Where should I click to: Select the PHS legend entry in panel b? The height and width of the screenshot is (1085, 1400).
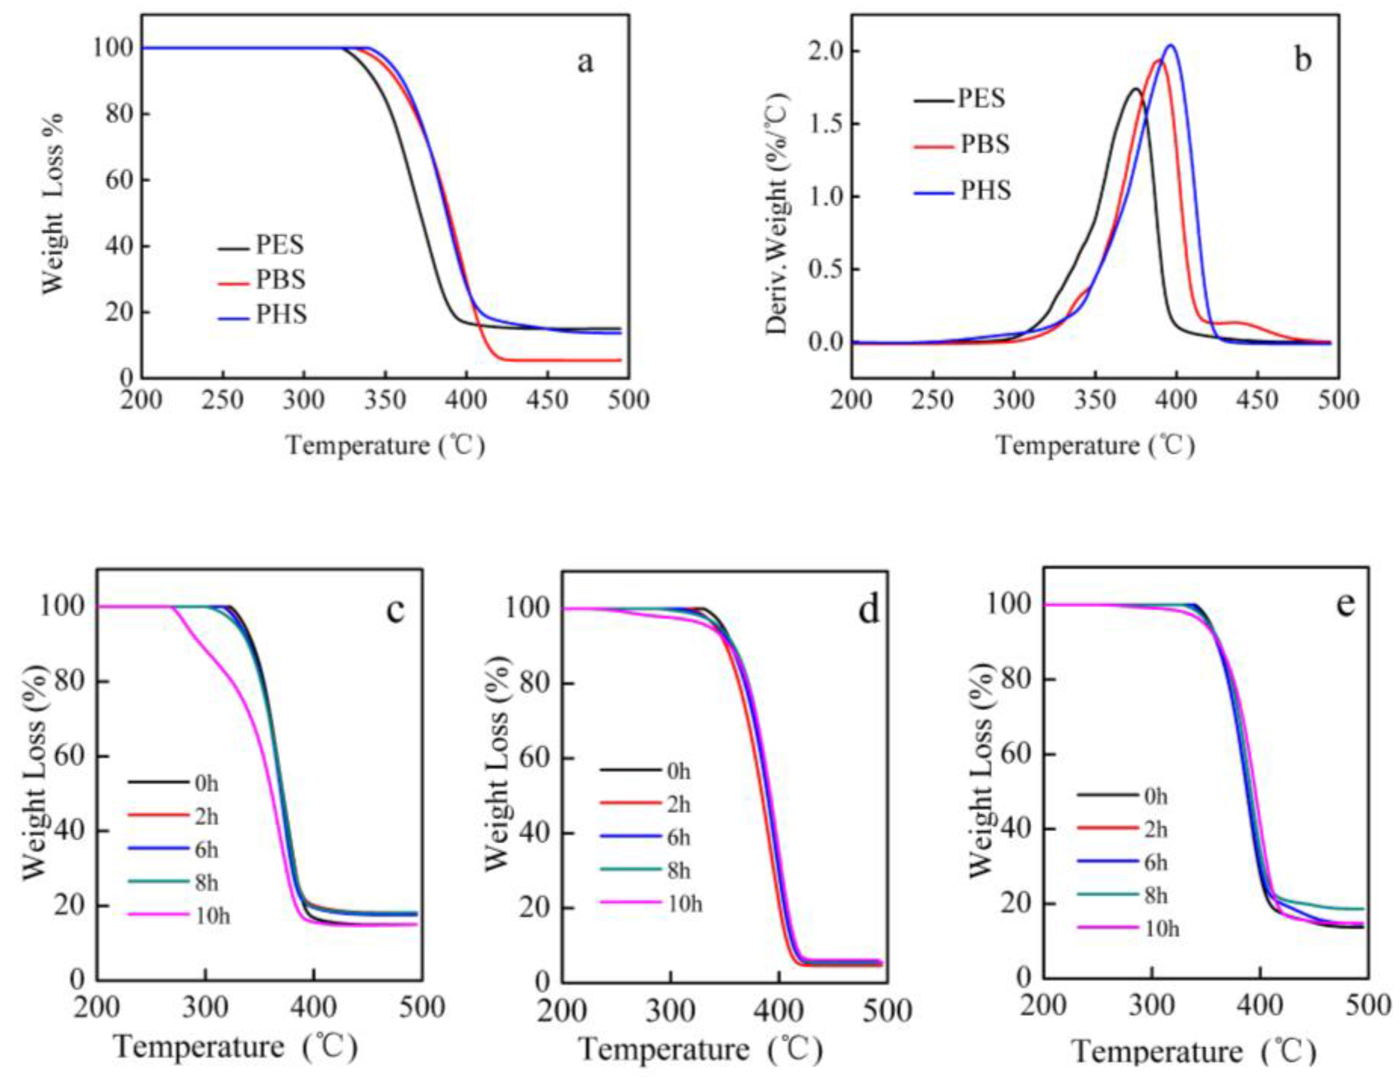[985, 190]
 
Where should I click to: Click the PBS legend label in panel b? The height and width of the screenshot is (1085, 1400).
[985, 144]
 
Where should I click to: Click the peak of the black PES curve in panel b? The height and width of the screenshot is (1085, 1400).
[1135, 89]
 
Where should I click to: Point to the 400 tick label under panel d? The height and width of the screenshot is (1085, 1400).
[778, 1011]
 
